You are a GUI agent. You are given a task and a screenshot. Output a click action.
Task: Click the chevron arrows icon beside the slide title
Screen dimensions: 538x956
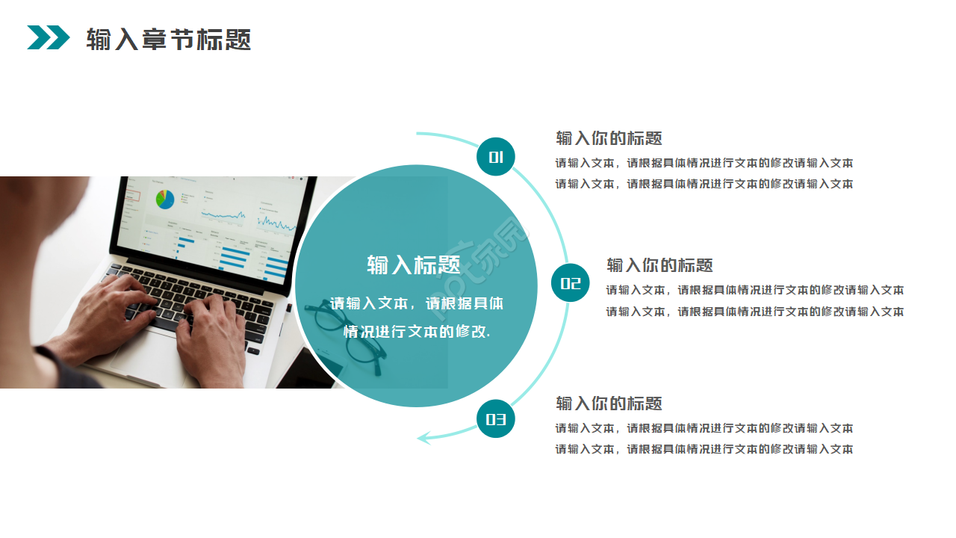click(x=48, y=37)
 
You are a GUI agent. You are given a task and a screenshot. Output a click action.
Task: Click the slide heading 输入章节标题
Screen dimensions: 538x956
click(x=168, y=39)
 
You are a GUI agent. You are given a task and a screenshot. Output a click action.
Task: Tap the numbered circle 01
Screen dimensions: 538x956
click(x=496, y=157)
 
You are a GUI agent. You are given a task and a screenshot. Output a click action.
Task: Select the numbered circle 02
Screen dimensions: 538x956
click(x=571, y=283)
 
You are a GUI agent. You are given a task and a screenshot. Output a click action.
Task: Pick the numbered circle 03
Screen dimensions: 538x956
click(x=496, y=419)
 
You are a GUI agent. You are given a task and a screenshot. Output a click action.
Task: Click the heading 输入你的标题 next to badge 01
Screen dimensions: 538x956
click(x=609, y=138)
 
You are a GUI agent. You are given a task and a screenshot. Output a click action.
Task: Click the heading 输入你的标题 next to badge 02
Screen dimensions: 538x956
click(x=659, y=265)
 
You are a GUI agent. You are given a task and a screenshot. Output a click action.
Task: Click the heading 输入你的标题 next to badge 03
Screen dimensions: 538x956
click(x=609, y=403)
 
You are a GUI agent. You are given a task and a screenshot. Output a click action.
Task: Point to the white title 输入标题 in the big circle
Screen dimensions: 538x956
click(x=413, y=265)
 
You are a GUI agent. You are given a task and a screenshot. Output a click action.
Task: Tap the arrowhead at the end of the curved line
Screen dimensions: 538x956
click(x=423, y=437)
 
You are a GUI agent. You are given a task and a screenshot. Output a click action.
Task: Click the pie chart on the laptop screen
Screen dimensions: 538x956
click(x=165, y=199)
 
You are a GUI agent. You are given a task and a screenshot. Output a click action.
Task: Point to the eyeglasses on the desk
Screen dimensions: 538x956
click(x=347, y=336)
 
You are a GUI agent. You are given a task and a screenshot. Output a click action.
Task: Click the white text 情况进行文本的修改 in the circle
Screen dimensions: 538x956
click(x=416, y=331)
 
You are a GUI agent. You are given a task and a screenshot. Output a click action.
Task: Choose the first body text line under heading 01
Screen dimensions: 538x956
click(x=704, y=163)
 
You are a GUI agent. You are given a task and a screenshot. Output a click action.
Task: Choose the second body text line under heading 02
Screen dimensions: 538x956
click(x=754, y=312)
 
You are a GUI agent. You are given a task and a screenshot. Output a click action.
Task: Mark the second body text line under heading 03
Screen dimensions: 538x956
click(x=704, y=449)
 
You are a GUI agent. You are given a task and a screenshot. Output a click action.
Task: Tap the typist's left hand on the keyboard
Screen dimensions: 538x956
click(x=112, y=306)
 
